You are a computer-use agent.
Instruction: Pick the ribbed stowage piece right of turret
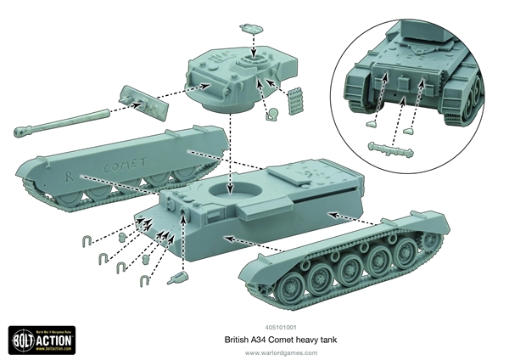(294, 100)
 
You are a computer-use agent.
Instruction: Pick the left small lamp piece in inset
(371, 123)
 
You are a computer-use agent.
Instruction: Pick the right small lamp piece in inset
(408, 131)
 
